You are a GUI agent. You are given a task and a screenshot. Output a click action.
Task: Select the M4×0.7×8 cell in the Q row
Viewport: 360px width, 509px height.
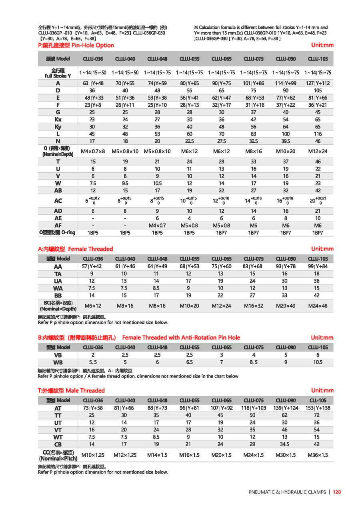(93, 151)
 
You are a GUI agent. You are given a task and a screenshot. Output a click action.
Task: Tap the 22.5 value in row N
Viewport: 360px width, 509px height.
(189, 141)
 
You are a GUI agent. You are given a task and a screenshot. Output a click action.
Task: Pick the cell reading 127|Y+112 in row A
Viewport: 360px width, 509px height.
(318, 83)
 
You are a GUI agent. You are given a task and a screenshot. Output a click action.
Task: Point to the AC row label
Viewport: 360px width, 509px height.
(58, 201)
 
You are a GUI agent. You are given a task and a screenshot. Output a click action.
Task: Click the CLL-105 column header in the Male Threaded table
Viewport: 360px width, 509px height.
(318, 400)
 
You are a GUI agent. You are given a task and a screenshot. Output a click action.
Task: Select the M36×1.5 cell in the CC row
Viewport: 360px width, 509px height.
(318, 455)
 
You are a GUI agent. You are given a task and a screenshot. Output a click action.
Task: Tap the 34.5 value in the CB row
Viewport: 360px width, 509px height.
(285, 444)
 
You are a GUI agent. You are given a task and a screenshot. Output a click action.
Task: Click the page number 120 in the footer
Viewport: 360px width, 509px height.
(337, 492)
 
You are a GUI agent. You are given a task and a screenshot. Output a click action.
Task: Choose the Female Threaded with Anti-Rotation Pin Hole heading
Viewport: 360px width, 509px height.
(181, 337)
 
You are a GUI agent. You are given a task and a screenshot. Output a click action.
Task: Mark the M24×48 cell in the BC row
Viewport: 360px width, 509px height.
(318, 306)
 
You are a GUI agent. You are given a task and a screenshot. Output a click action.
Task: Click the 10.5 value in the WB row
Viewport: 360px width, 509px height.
(318, 362)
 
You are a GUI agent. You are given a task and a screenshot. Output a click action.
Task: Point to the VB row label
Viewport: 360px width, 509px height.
(58, 355)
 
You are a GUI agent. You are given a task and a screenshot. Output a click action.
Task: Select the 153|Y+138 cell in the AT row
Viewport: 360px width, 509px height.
(318, 408)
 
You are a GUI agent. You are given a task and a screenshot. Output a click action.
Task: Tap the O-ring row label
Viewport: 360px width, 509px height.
(58, 233)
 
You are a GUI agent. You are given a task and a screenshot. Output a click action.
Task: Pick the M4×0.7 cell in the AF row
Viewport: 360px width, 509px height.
(157, 226)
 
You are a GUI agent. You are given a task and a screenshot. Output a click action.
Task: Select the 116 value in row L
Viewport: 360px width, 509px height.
(318, 134)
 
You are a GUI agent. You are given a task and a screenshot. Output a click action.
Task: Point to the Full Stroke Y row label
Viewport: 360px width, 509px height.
(58, 73)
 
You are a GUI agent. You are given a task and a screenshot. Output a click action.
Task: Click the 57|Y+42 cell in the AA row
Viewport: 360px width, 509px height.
(93, 266)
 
